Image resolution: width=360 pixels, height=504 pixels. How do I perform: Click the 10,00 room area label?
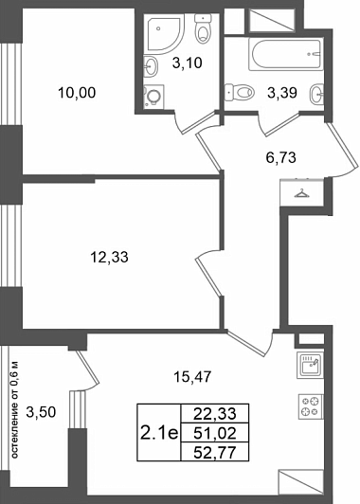click(77, 93)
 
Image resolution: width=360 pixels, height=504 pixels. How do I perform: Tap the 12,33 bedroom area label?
click(110, 257)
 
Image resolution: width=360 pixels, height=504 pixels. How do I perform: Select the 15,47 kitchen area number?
click(192, 377)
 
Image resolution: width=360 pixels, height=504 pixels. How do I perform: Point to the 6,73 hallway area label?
click(281, 158)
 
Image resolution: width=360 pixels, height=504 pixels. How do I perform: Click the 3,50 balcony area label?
click(41, 412)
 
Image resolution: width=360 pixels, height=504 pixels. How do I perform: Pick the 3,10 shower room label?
click(187, 63)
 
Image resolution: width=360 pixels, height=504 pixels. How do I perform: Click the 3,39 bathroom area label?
click(282, 93)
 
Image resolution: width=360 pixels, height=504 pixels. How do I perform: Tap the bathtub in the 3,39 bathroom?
click(285, 54)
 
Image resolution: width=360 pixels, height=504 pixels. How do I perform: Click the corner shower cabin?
click(166, 34)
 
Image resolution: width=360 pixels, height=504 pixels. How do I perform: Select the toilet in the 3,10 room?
click(203, 28)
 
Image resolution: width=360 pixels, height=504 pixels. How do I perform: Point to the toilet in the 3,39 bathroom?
click(240, 93)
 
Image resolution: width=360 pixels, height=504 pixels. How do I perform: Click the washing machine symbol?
click(154, 96)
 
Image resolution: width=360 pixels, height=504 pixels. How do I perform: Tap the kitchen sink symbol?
click(310, 366)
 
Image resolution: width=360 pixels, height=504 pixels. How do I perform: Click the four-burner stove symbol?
click(311, 406)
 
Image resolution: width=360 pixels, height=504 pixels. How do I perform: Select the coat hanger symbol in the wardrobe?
click(301, 194)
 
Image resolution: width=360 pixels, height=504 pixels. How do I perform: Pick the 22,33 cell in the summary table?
click(215, 413)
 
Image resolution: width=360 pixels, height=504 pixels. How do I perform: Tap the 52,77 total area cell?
click(215, 453)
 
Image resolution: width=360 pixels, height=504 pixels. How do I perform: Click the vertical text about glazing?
click(14, 410)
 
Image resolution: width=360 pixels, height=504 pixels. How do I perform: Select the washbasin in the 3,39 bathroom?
click(316, 94)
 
